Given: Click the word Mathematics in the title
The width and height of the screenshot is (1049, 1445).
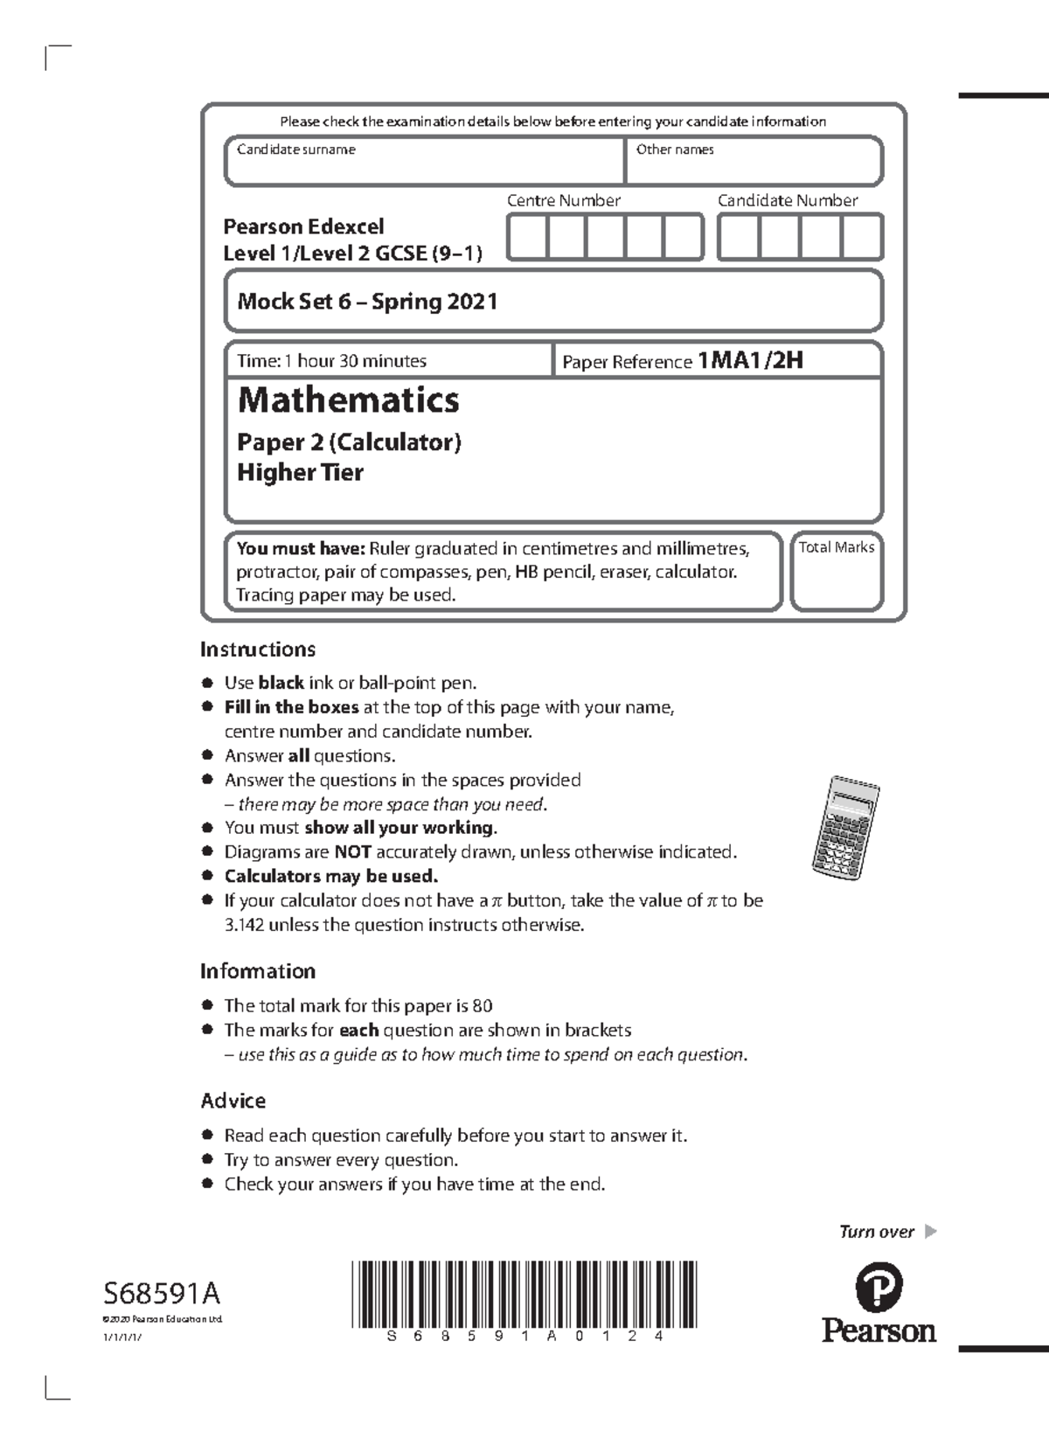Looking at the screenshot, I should click(x=348, y=400).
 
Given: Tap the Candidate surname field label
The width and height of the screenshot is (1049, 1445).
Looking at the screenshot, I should click(x=296, y=149).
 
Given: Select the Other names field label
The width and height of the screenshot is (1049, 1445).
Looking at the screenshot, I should click(x=675, y=149).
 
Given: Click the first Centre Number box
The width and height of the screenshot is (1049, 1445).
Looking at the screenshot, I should click(x=527, y=237).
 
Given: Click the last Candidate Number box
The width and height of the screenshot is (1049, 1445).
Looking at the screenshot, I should click(x=862, y=237).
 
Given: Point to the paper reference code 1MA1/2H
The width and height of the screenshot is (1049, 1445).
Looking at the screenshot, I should click(x=750, y=360).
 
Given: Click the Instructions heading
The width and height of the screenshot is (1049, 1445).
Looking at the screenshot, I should click(x=258, y=650).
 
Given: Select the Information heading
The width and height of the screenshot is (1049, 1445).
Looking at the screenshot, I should click(x=258, y=971).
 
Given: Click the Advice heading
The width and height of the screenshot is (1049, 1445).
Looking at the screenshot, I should click(x=233, y=1101).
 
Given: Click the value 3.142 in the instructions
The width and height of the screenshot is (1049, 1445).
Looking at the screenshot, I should click(x=244, y=925).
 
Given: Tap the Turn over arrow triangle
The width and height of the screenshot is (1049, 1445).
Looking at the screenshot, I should click(x=930, y=1232).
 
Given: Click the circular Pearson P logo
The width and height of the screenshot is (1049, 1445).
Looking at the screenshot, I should click(x=878, y=1287).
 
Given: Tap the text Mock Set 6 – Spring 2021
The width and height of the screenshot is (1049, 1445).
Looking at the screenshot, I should click(x=367, y=302).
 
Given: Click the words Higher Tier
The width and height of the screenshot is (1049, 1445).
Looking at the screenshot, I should click(x=300, y=473).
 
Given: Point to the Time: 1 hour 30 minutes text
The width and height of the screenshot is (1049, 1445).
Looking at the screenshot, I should click(x=331, y=361).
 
